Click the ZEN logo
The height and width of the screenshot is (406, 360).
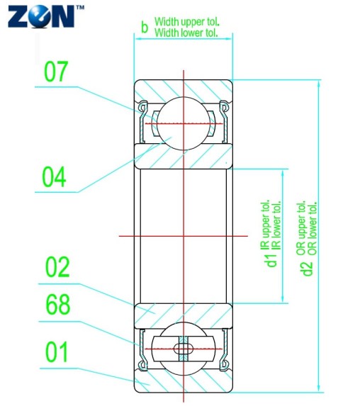41,15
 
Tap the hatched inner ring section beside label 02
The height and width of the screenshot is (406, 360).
183,309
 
